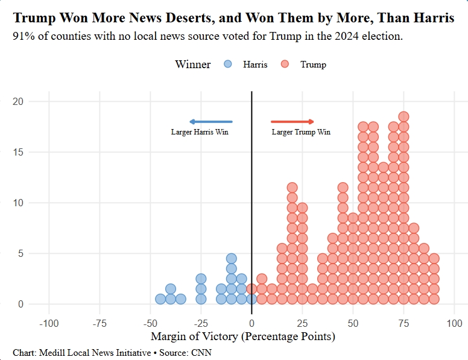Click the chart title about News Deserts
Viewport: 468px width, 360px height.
(233, 18)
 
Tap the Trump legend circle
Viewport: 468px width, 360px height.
(285, 65)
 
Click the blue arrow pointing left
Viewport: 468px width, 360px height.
(210, 122)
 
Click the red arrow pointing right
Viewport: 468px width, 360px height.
(292, 122)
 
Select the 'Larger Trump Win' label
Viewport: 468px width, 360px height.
(301, 132)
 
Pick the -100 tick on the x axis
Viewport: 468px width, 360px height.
(49, 324)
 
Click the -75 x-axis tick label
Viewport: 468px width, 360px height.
(100, 324)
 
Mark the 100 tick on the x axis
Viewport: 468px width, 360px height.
(454, 324)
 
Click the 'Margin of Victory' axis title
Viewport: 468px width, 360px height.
(242, 336)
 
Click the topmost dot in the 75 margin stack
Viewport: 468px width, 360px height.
(403, 117)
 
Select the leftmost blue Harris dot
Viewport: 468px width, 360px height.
(160, 298)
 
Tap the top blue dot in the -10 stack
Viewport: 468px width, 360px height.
(231, 259)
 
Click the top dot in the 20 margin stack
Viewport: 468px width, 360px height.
(292, 188)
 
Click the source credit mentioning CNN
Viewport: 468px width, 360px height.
(112, 352)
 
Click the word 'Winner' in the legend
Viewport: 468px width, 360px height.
(192, 65)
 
